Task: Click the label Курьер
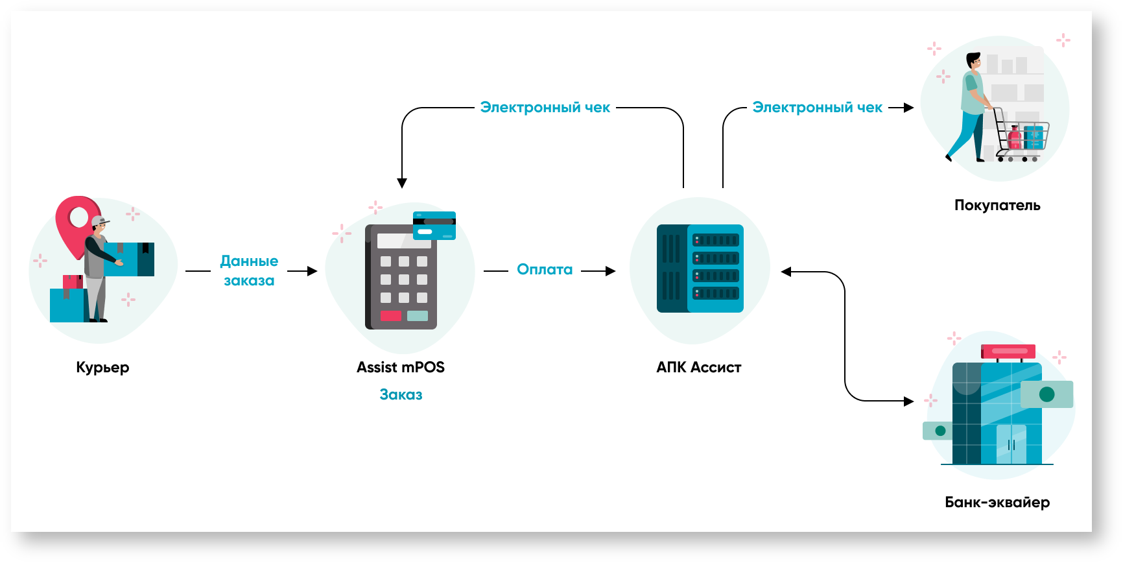coord(102,367)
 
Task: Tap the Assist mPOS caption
coord(400,367)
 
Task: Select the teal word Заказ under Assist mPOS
coord(401,394)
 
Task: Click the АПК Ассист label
coord(698,367)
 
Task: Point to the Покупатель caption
coord(997,206)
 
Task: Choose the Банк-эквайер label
coord(997,502)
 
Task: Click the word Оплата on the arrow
coord(545,270)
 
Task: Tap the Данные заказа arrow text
coord(249,270)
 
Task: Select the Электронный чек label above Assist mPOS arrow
coord(545,108)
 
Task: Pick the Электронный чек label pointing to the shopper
coord(817,108)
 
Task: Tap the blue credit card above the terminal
coord(434,225)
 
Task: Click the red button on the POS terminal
coord(391,316)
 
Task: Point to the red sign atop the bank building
coord(1008,352)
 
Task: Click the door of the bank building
coord(1011,444)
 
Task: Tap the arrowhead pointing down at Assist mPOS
coord(402,183)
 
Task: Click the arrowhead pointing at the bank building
coord(908,401)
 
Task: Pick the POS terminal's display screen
coord(403,241)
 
